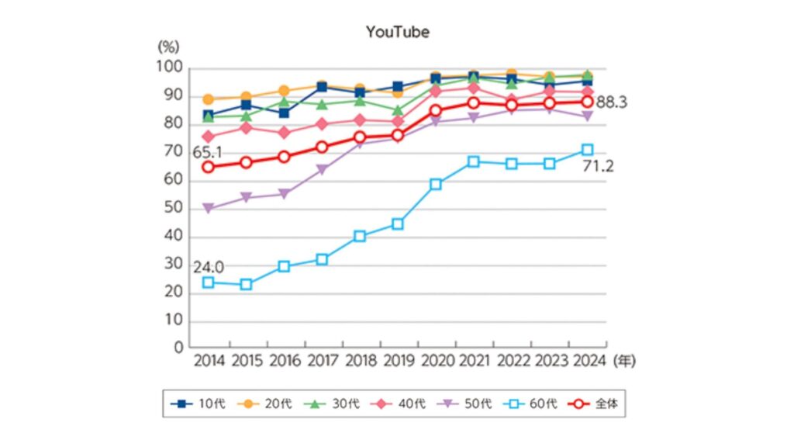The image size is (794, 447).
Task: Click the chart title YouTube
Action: click(397, 33)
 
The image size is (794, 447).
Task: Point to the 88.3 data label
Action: click(611, 102)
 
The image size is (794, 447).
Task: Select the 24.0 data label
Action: click(209, 267)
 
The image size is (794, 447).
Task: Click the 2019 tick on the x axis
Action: click(398, 361)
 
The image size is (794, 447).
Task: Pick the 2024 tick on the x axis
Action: click(588, 361)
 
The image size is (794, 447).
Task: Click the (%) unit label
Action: click(168, 47)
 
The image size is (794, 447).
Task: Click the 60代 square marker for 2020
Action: click(436, 184)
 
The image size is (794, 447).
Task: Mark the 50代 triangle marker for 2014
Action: click(208, 209)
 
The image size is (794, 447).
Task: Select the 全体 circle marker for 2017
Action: click(322, 147)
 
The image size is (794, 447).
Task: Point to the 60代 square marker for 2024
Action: click(588, 149)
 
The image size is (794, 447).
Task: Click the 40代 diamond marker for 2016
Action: click(284, 133)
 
